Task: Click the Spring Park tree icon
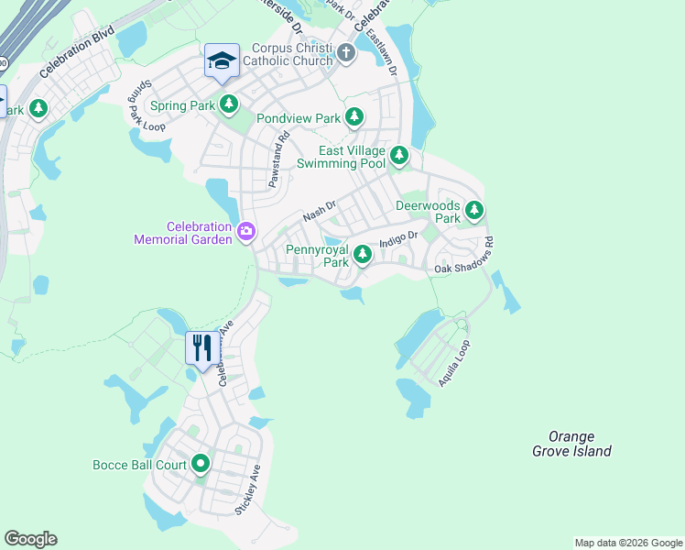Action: tap(228, 105)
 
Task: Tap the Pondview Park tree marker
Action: tap(354, 118)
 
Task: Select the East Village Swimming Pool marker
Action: tap(398, 156)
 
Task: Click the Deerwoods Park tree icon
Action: tap(473, 211)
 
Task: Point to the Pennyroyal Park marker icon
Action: tap(362, 255)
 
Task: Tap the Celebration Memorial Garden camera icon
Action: tap(245, 232)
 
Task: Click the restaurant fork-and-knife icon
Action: tap(202, 347)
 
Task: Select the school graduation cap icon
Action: tap(222, 61)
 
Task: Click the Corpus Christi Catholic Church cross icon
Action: tap(346, 52)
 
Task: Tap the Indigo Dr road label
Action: tap(399, 236)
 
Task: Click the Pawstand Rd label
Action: tap(278, 160)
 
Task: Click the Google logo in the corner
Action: tap(30, 539)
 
